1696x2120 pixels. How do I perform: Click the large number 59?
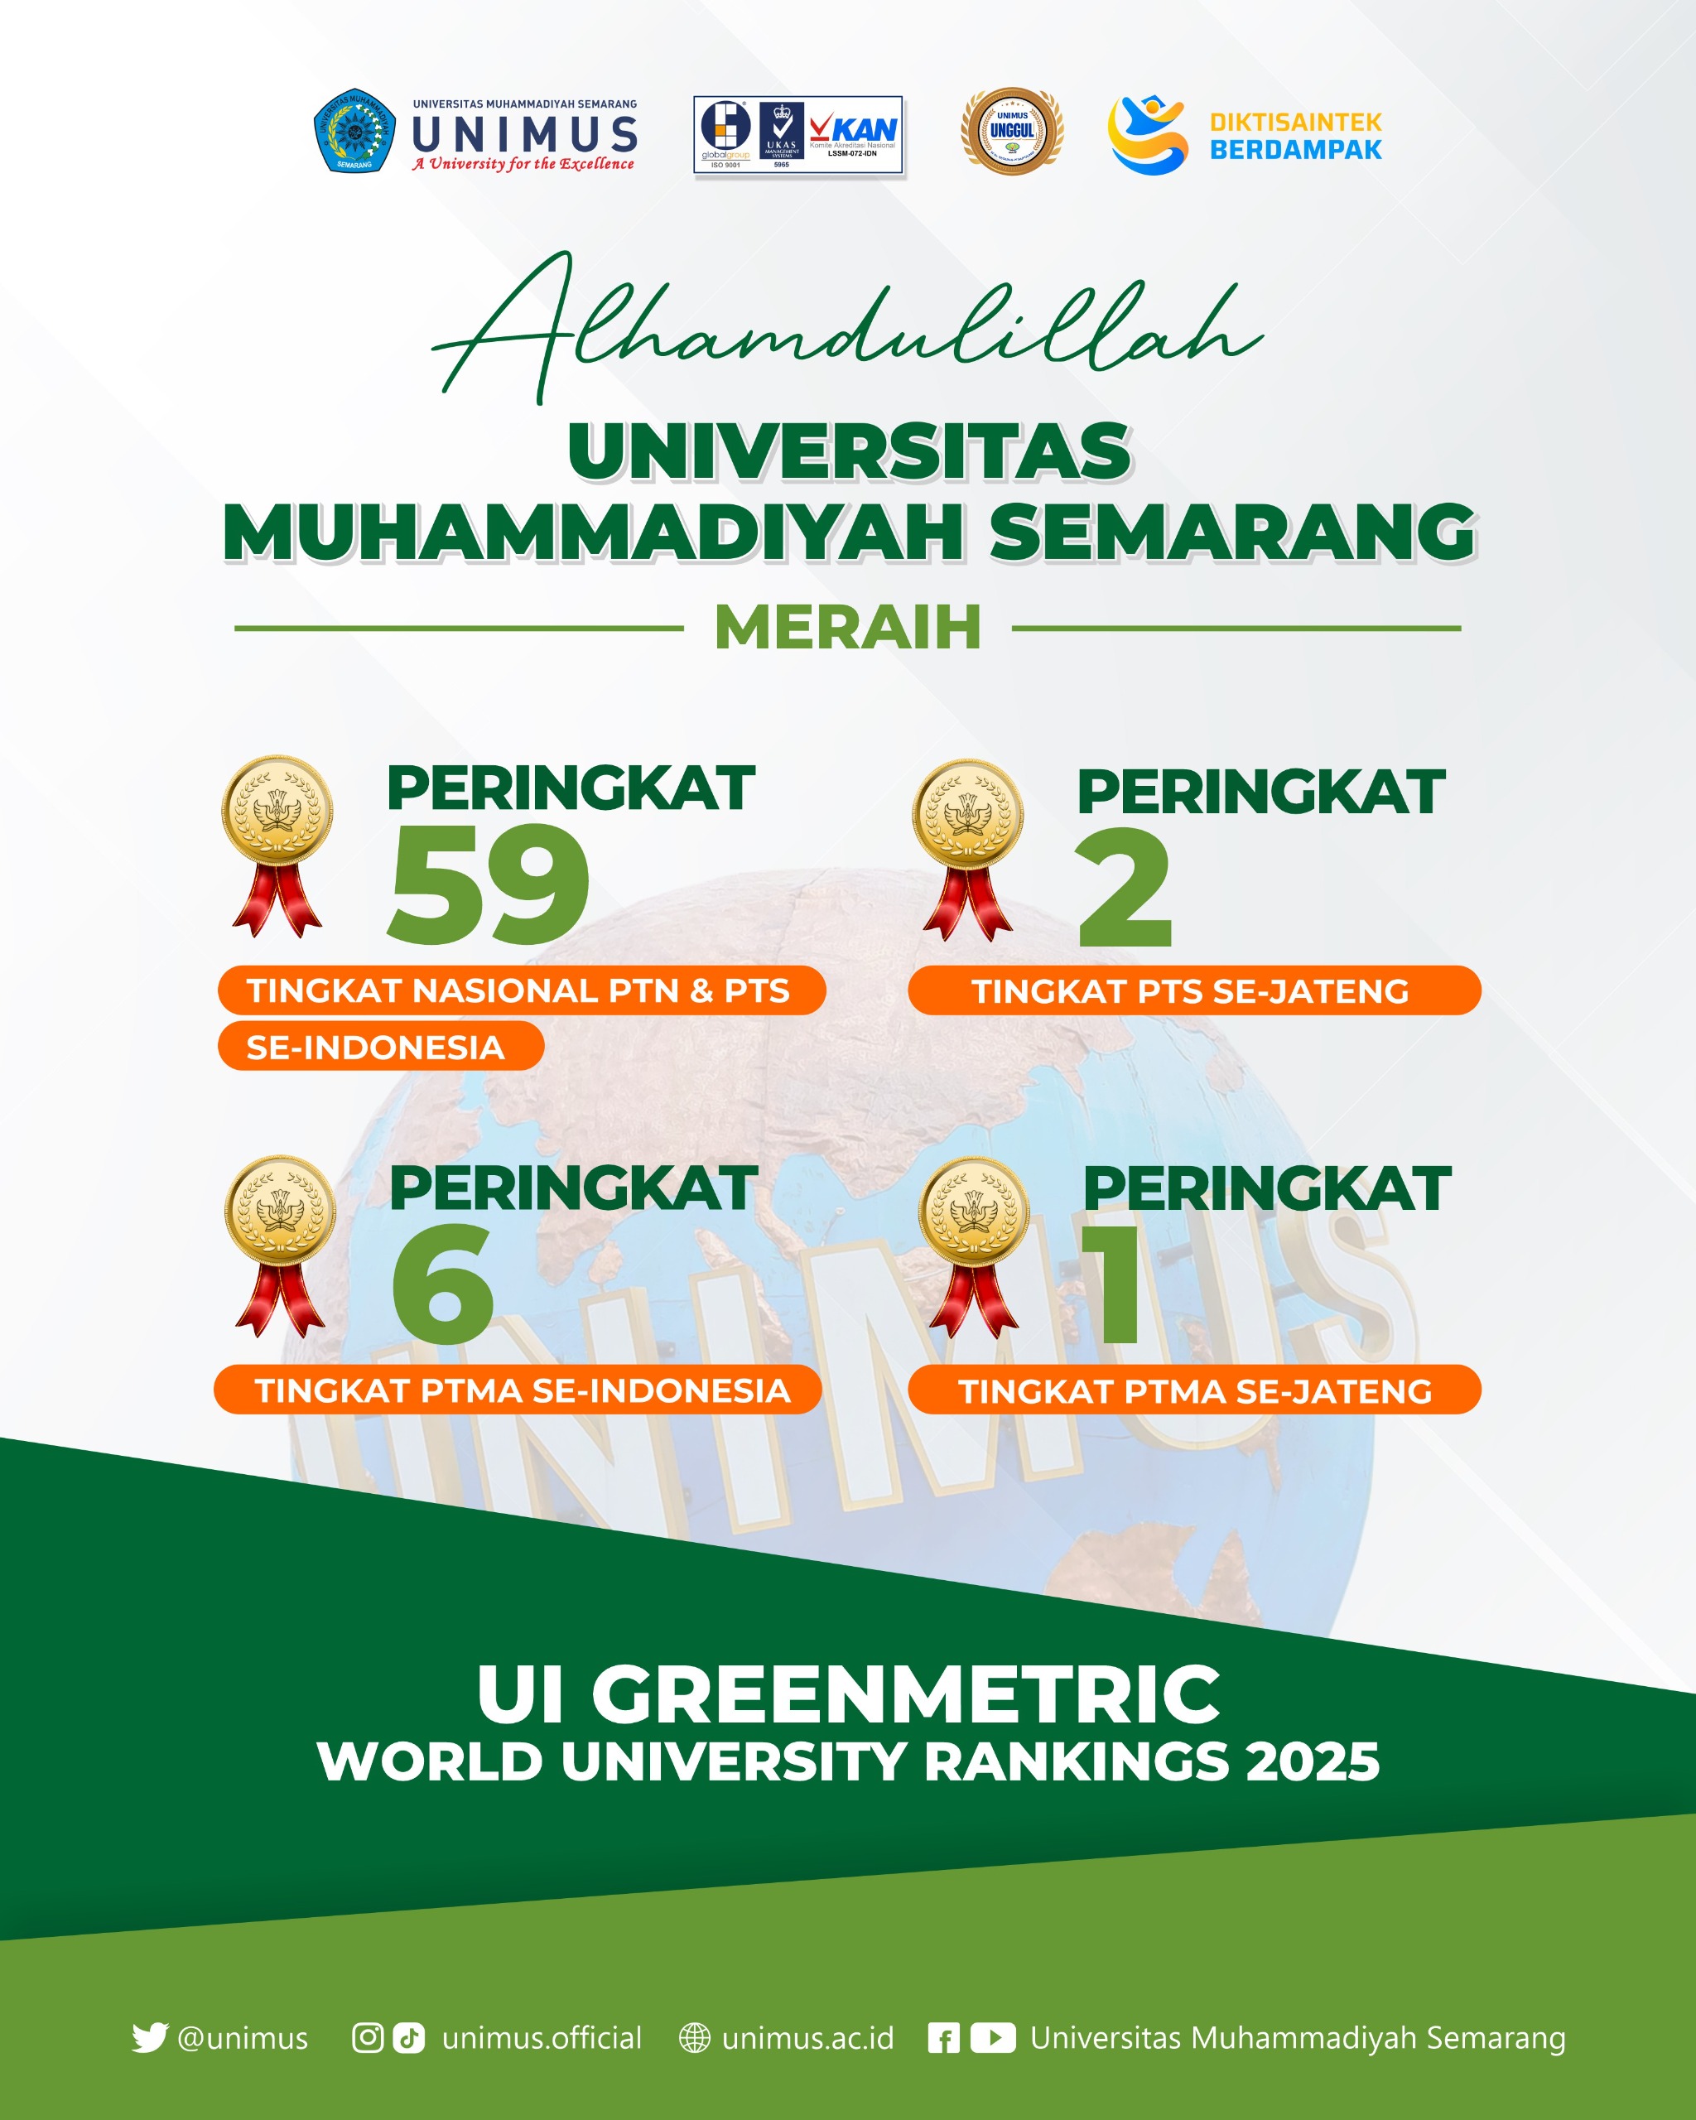pos(489,885)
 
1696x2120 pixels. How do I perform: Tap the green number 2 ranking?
pos(1125,888)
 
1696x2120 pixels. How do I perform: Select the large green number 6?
pos(442,1284)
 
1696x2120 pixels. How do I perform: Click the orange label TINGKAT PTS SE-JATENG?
pos(1193,991)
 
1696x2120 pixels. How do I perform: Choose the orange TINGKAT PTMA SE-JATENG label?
pos(1193,1390)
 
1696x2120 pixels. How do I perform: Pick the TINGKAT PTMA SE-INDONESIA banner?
pos(518,1390)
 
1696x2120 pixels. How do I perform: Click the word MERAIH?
pos(847,628)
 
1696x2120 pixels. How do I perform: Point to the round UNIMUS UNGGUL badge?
pos(1012,131)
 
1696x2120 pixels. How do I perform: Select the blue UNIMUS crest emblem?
pos(354,131)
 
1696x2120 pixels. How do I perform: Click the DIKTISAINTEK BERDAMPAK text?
pos(1295,136)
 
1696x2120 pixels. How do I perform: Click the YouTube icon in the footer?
pos(993,2038)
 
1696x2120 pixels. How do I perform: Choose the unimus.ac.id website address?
pos(807,2038)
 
